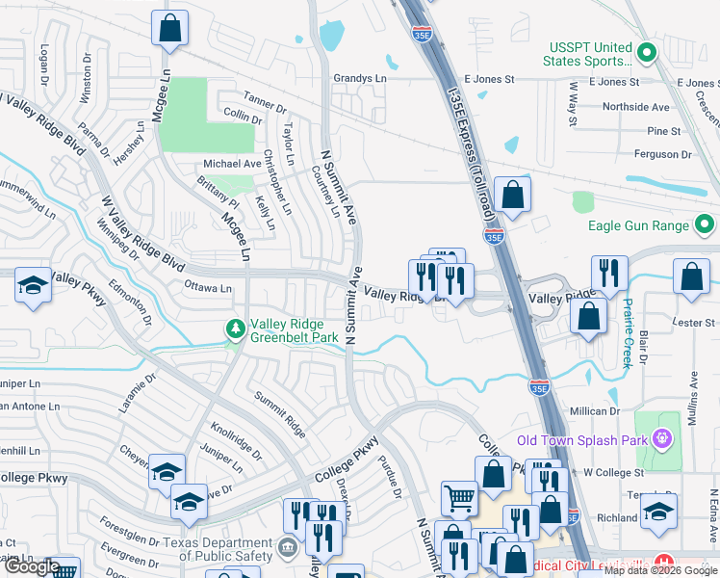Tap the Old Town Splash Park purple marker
[x=661, y=440]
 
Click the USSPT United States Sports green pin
[x=647, y=54]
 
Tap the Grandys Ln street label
[x=359, y=78]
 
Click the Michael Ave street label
[x=232, y=164]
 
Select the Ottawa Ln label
[x=207, y=287]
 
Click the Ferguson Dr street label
[x=670, y=154]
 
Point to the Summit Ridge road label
[x=279, y=411]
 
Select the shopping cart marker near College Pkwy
[x=459, y=498]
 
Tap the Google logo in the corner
[x=31, y=567]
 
